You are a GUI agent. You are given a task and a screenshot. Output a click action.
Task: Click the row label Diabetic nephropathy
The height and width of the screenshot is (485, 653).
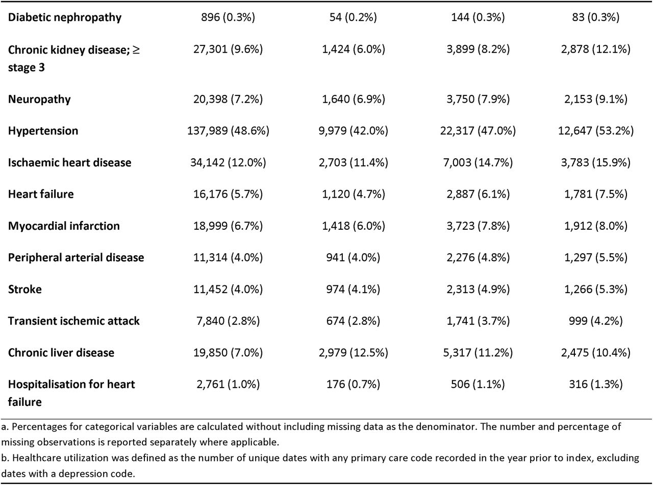pyautogui.click(x=65, y=17)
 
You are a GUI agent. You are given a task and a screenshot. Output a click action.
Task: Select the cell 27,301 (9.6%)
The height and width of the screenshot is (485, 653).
pyautogui.click(x=228, y=49)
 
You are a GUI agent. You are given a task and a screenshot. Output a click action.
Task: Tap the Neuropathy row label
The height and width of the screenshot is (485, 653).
pyautogui.click(x=39, y=99)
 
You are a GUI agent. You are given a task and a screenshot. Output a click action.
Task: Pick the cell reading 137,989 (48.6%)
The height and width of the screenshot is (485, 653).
pyautogui.click(x=228, y=131)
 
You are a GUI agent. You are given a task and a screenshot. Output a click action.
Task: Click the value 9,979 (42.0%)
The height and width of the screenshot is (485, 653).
pyautogui.click(x=354, y=131)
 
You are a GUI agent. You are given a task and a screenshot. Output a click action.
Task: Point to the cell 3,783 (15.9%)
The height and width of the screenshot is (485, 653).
pyautogui.click(x=595, y=162)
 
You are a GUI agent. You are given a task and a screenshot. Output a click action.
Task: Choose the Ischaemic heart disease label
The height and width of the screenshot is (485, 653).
pyautogui.click(x=69, y=162)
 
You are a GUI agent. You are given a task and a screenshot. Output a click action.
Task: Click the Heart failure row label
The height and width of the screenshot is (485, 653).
pyautogui.click(x=41, y=194)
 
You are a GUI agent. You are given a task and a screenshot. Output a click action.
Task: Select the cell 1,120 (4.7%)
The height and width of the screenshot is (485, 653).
pyautogui.click(x=354, y=194)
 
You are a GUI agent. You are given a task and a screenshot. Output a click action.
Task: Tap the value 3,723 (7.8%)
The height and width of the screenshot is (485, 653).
pyautogui.click(x=478, y=226)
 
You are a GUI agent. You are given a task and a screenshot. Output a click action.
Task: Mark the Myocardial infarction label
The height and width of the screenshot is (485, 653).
pyautogui.click(x=64, y=226)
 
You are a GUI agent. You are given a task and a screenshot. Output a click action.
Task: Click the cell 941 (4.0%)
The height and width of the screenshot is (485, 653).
pyautogui.click(x=353, y=257)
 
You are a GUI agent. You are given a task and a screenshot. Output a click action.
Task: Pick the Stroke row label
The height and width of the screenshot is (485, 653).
pyautogui.click(x=24, y=289)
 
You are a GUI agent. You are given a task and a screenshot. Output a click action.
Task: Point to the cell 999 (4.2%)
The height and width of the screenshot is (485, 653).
pyautogui.click(x=595, y=321)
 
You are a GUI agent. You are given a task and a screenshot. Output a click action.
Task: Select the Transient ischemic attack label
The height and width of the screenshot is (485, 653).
pyautogui.click(x=73, y=321)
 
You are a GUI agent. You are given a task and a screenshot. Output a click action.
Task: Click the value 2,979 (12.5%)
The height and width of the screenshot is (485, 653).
pyautogui.click(x=354, y=352)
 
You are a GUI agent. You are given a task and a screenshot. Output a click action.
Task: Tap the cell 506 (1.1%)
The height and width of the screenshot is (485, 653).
pyautogui.click(x=478, y=384)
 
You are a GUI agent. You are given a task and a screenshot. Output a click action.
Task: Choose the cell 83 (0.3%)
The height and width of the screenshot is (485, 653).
pyautogui.click(x=595, y=17)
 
